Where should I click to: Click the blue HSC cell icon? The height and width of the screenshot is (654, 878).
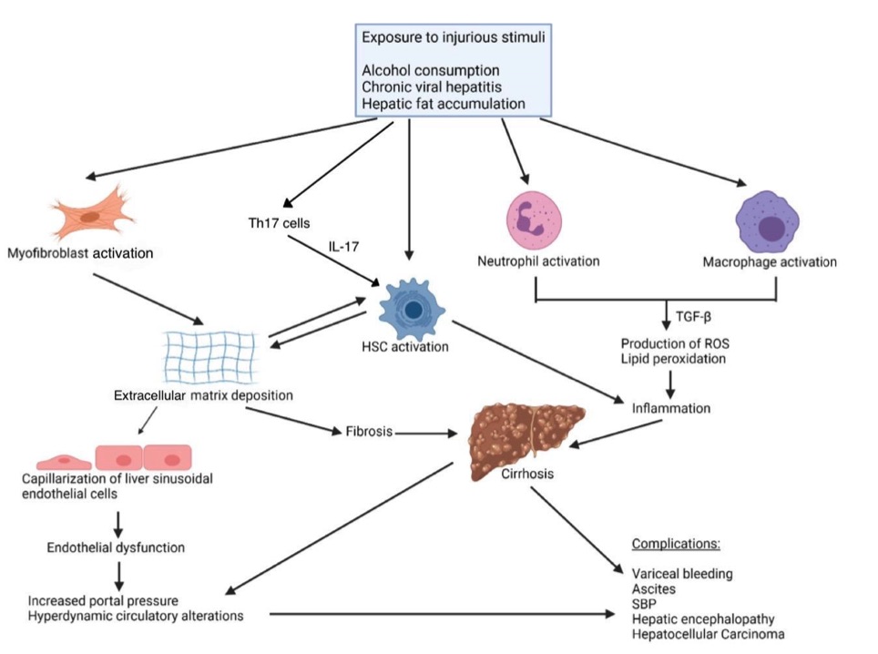[411, 310]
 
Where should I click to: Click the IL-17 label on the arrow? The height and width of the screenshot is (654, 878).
[345, 248]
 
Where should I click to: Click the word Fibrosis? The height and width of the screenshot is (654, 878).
[369, 432]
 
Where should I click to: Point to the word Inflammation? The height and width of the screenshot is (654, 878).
[671, 408]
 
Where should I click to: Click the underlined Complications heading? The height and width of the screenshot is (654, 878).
[676, 545]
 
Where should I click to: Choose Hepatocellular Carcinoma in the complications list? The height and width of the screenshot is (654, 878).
[708, 634]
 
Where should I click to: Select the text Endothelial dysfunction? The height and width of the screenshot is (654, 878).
[116, 547]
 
